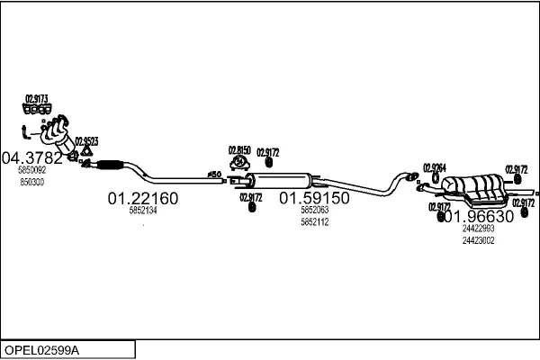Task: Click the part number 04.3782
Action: pos(32,158)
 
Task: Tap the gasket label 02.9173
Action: pos(36,97)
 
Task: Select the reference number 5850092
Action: pos(31,170)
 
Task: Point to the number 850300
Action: pos(31,181)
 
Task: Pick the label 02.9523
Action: pos(86,140)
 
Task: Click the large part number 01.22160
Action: pos(143,198)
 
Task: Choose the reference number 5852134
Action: pos(143,211)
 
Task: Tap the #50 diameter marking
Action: pos(214,174)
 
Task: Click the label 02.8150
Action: pos(239,150)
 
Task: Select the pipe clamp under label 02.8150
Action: pos(239,163)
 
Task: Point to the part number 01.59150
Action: pos(313,198)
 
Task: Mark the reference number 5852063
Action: pos(314,211)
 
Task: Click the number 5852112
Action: pos(314,221)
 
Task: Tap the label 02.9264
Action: pos(435,167)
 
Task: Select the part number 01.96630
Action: pos(481,217)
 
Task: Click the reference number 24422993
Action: pos(478,229)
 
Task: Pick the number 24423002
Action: pos(478,239)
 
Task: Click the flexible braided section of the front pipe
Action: pos(108,165)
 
